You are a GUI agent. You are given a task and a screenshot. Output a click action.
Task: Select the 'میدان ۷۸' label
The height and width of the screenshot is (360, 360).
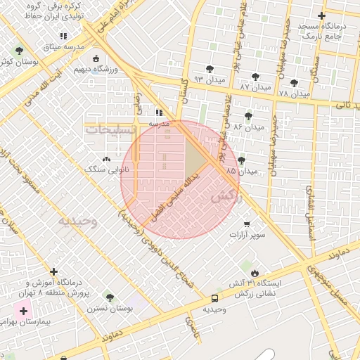(x=294, y=93)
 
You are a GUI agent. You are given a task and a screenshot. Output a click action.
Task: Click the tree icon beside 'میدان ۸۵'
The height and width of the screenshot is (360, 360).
(x=242, y=160)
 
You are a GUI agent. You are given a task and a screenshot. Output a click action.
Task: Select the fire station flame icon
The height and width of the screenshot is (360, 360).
(x=254, y=272)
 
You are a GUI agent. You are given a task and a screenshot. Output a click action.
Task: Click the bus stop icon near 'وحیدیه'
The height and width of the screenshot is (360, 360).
(x=214, y=298)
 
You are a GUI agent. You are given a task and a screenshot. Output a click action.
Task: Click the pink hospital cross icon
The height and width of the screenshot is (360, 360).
(x=24, y=311)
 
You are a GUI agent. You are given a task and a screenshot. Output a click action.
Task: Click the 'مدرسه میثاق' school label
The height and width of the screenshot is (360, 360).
(x=63, y=47)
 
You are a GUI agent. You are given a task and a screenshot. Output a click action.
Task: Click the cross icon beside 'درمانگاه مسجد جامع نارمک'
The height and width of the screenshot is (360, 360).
(x=322, y=15)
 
